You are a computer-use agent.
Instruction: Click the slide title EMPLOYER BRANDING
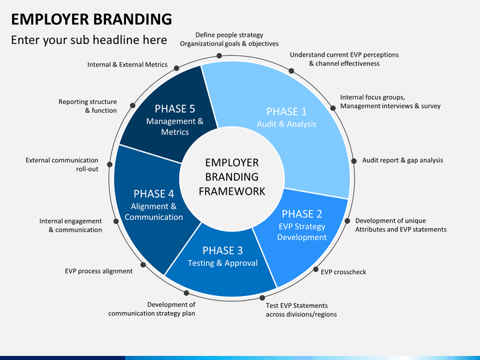(x=91, y=19)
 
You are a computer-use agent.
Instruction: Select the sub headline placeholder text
(x=89, y=40)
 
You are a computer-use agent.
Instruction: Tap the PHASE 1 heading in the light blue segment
(x=286, y=112)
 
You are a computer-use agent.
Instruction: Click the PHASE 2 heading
(x=302, y=214)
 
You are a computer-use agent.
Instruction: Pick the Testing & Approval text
(x=223, y=263)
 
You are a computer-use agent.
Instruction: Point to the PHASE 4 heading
(x=154, y=194)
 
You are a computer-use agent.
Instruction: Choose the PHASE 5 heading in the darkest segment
(x=175, y=109)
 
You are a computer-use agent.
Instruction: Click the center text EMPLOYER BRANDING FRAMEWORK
(x=232, y=177)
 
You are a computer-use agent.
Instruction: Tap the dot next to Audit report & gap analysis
(x=354, y=161)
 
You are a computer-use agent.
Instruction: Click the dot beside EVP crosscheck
(x=315, y=269)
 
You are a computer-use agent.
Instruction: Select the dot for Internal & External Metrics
(x=177, y=68)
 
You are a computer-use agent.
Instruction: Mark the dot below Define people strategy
(x=219, y=56)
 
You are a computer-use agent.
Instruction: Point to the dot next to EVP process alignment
(x=143, y=265)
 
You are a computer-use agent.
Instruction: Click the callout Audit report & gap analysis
(x=403, y=161)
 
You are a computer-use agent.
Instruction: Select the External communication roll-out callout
(x=62, y=165)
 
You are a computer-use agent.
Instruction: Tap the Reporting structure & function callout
(x=88, y=106)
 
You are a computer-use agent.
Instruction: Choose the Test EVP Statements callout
(x=301, y=310)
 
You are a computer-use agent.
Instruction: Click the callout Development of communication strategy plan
(x=151, y=309)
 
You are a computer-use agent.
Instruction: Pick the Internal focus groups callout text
(x=390, y=101)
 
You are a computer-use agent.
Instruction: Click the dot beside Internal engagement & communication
(x=116, y=221)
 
